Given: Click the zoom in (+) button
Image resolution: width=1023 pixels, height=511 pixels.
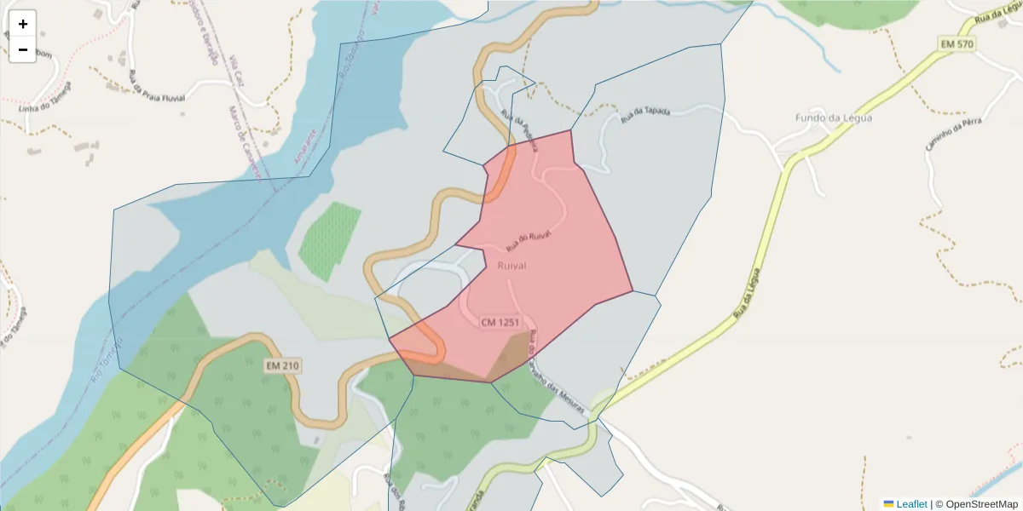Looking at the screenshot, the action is coord(23,24).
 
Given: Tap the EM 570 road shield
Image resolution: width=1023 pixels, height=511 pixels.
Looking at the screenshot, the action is coord(959,43).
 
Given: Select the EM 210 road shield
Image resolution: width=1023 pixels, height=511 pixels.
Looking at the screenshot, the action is coord(281,365).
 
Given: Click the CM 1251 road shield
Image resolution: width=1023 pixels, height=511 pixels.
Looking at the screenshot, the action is coord(500,322).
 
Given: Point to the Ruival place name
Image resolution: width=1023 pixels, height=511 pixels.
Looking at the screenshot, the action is coord(511,266).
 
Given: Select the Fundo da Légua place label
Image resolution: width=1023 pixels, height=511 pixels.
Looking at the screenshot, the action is coord(833,118).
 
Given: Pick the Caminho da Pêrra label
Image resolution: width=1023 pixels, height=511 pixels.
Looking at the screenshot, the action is coord(954,135).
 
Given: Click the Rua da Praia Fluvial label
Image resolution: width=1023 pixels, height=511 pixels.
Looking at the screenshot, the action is coord(157,90).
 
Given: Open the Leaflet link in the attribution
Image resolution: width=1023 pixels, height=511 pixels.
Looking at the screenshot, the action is coord(911,504).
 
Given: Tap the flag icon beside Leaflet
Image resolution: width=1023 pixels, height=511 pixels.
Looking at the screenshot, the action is coord(888,504).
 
